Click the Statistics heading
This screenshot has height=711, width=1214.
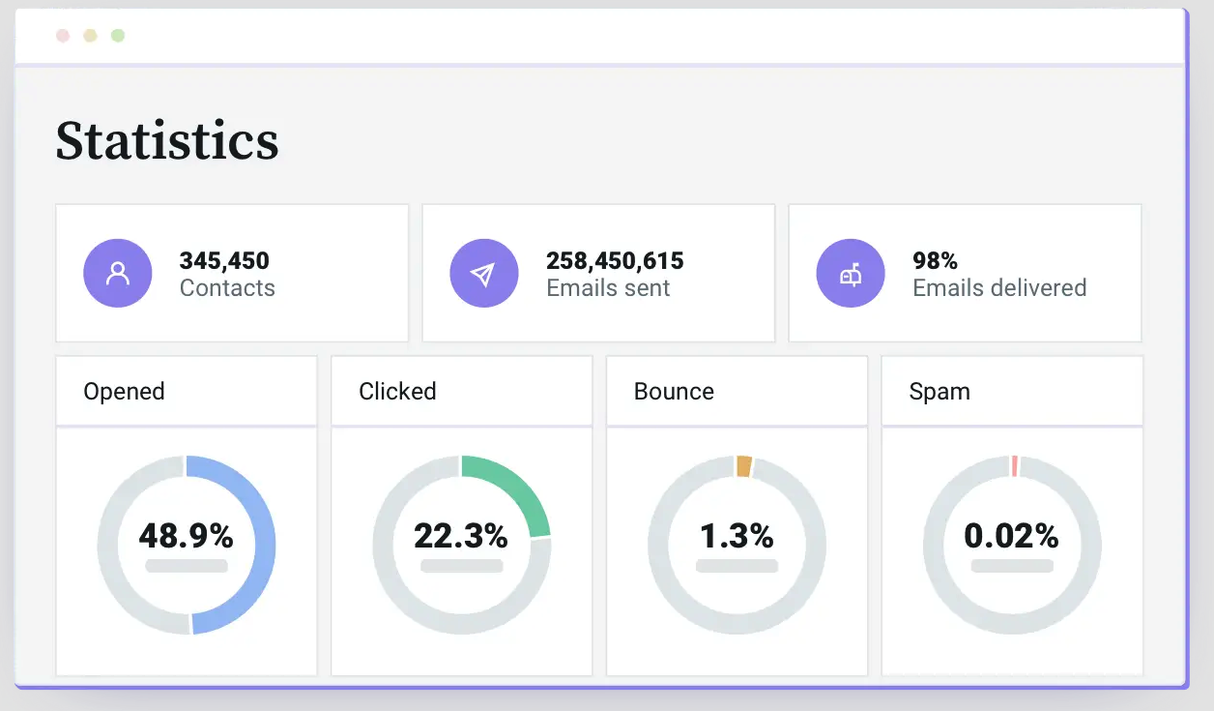tap(167, 140)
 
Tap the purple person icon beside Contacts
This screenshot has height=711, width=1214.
tap(118, 274)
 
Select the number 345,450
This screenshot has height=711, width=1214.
tap(224, 260)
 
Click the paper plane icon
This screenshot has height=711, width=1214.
tap(484, 274)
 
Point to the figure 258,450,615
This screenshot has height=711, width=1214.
tap(615, 260)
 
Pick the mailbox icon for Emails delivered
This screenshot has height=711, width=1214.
tap(851, 274)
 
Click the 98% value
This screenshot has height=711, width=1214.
tap(935, 260)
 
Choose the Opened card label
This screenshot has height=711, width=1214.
tap(125, 392)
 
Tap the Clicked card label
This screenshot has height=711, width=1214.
tap(397, 392)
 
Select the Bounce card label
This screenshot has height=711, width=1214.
tap(674, 392)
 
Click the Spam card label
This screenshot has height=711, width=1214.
tap(939, 392)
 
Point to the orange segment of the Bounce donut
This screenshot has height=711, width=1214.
tap(743, 466)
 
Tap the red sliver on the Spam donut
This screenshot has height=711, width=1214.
tap(1014, 465)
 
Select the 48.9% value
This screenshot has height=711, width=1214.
tap(186, 535)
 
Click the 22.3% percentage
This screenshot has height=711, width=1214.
tap(461, 535)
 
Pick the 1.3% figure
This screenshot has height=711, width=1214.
tap(737, 535)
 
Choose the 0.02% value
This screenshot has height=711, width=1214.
tap(1011, 535)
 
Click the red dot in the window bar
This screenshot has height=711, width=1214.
tap(63, 36)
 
